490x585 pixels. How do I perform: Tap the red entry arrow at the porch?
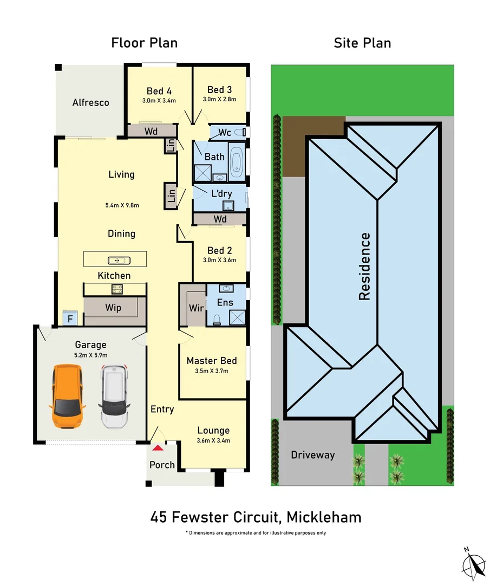point(158,447)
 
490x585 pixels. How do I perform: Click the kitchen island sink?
point(116,261)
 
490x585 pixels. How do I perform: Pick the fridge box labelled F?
point(69,318)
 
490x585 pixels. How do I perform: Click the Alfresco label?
point(91,102)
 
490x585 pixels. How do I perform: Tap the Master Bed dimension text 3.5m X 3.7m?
point(211,371)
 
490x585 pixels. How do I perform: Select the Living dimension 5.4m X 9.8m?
point(122,205)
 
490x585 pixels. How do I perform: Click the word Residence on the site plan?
point(365,266)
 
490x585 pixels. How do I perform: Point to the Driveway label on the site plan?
point(312,455)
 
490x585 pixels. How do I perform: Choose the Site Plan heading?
point(362,43)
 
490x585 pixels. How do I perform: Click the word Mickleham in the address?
point(324,517)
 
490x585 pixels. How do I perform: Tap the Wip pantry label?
point(113,308)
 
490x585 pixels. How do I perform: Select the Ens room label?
point(225,302)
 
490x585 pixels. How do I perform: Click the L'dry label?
point(221,193)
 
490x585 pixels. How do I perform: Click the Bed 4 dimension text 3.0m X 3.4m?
point(159,100)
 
